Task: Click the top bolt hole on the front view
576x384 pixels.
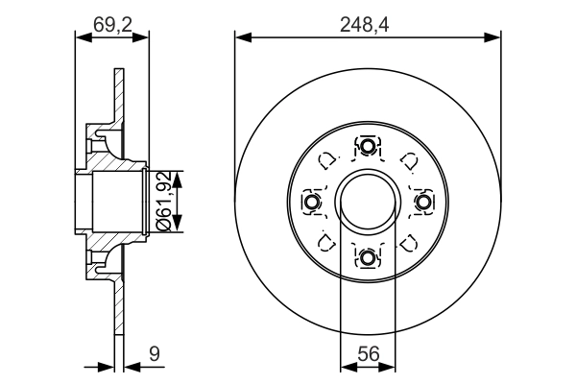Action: click(368, 147)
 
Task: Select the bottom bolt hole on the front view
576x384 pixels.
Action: click(368, 256)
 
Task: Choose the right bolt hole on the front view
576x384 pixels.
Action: click(422, 202)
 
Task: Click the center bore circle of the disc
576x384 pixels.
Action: click(368, 202)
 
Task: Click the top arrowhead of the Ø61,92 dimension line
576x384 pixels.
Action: click(177, 173)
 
